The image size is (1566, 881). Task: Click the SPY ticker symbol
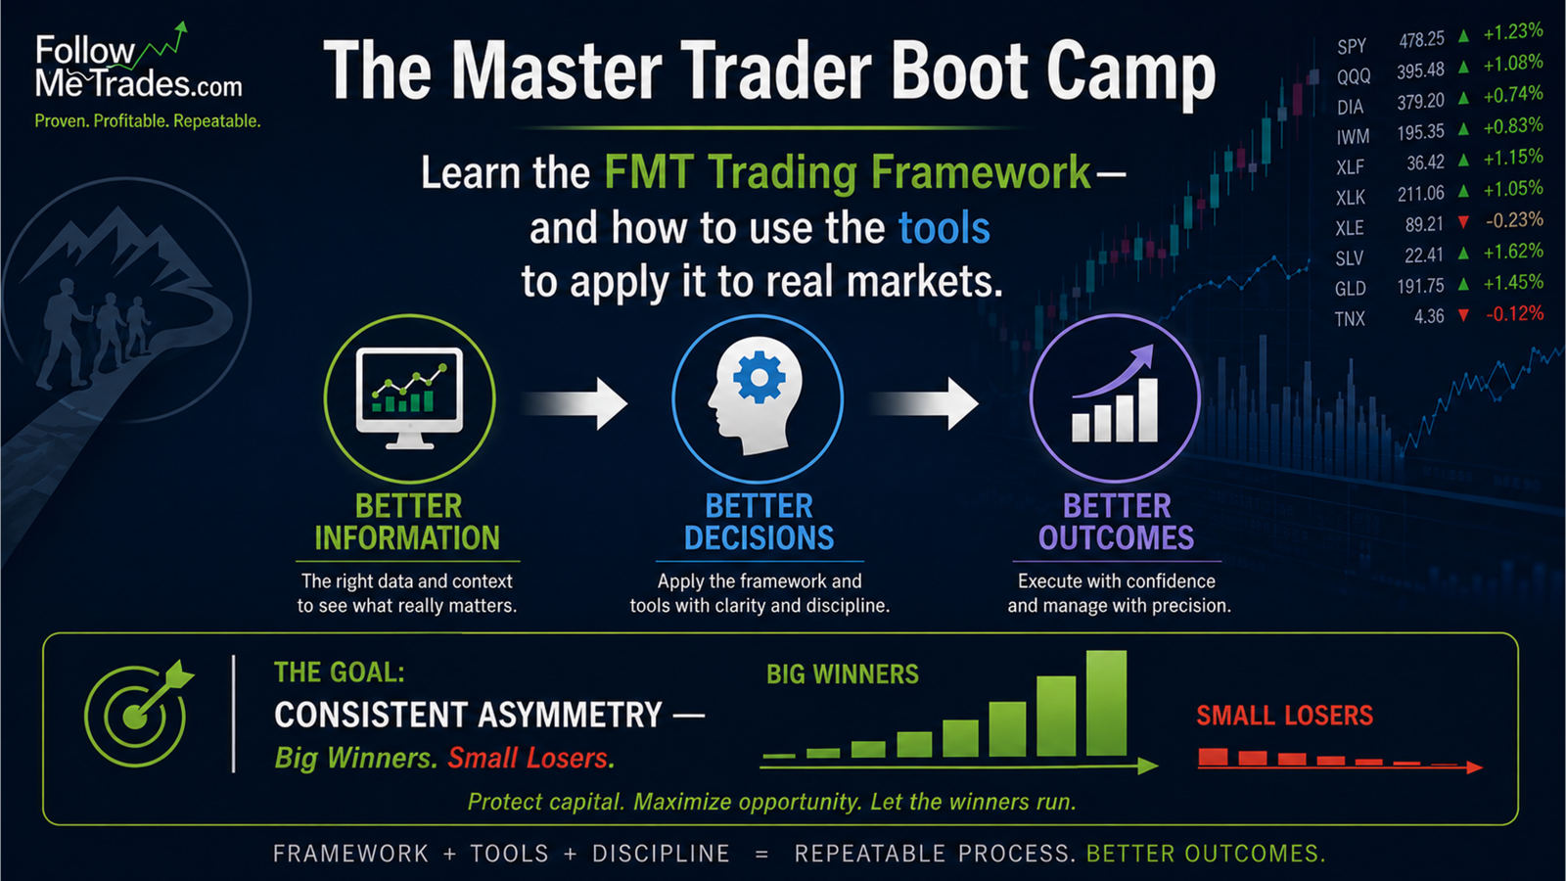1352,46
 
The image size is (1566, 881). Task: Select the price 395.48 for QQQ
1420,70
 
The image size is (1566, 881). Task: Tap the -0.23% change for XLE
1514,220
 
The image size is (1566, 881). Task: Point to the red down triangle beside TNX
1463,315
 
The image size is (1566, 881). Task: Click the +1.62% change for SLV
1513,251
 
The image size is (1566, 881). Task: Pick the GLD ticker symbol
1350,288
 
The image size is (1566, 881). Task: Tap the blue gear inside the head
760,378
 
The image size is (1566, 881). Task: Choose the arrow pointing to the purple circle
926,403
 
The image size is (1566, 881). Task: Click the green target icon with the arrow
139,714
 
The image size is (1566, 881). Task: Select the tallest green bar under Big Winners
1107,703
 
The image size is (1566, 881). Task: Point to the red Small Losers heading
1284,716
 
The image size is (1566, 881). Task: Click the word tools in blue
944,228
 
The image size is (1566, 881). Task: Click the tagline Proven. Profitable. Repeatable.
148,121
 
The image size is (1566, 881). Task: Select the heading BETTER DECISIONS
760,522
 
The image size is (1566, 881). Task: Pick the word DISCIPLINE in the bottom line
661,854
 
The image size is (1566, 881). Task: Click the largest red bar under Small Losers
1213,757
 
